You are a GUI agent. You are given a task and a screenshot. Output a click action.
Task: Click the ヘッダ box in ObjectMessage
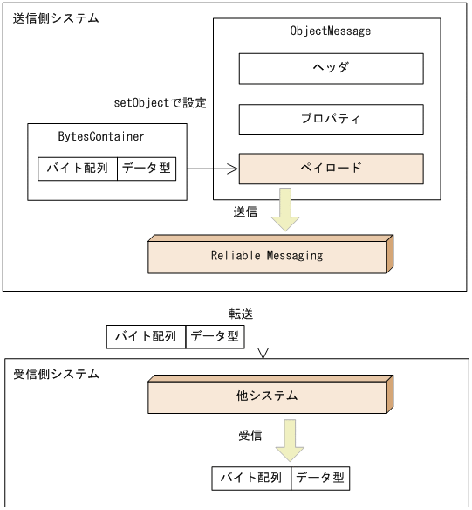pyautogui.click(x=331, y=68)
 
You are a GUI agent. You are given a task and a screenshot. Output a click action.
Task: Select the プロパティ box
pyautogui.click(x=331, y=119)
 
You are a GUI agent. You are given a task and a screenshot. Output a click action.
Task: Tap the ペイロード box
pyautogui.click(x=331, y=169)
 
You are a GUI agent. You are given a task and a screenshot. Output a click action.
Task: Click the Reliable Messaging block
pyautogui.click(x=267, y=256)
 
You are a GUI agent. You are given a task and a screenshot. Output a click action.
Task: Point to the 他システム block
pyautogui.click(x=267, y=396)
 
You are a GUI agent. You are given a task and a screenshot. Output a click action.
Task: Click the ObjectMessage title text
pyautogui.click(x=330, y=31)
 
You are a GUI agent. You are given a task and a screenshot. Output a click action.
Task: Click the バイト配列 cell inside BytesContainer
pyautogui.click(x=78, y=169)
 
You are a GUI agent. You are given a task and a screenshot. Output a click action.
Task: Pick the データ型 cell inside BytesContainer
pyautogui.click(x=147, y=169)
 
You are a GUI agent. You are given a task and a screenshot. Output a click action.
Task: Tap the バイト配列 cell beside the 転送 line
pyautogui.click(x=146, y=337)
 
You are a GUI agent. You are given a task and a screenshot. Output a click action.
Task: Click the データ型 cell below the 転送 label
pyautogui.click(x=215, y=337)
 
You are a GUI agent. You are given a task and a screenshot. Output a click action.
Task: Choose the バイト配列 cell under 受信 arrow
pyautogui.click(x=251, y=478)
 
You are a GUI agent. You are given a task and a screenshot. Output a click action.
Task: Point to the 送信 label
pyautogui.click(x=246, y=211)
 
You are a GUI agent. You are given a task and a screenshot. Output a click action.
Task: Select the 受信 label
pyautogui.click(x=250, y=435)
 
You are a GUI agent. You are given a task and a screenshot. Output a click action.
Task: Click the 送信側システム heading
pyautogui.click(x=56, y=18)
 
